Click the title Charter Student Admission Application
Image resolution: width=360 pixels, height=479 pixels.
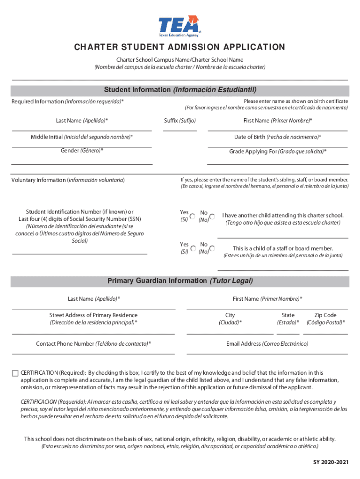point(180,47)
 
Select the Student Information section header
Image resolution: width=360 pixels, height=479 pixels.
point(180,90)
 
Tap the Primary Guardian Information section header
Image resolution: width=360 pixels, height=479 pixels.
point(180,281)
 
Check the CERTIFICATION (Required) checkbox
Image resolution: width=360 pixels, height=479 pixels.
point(15,373)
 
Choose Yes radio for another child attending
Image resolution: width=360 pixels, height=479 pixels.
point(193,217)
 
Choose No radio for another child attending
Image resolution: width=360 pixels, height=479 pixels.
point(212,217)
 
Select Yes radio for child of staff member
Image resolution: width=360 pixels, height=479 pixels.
point(193,248)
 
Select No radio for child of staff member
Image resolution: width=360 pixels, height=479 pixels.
point(212,248)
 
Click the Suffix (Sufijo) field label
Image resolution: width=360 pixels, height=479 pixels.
point(180,121)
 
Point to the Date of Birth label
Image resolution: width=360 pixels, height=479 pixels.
point(277,137)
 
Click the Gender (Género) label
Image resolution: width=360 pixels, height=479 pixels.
point(82,151)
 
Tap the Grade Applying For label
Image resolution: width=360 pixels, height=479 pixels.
point(278,152)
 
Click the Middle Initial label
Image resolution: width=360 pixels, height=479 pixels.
point(82,137)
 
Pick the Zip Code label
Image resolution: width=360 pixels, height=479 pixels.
point(325,315)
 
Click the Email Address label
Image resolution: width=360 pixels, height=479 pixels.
point(267,344)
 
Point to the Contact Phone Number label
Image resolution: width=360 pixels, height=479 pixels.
point(94,344)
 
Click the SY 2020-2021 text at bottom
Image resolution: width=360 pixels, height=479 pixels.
point(331,463)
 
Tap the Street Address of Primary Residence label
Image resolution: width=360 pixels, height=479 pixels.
point(94,315)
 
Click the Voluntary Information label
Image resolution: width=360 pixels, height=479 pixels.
point(68,180)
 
